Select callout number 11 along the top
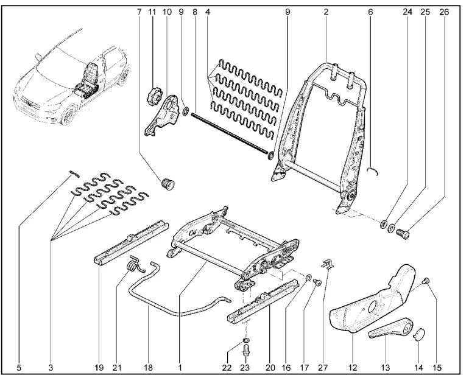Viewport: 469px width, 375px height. pos(153,12)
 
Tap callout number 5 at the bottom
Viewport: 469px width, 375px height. pos(19,367)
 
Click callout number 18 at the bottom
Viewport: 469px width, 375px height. pos(149,367)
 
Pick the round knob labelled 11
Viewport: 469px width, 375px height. pos(152,96)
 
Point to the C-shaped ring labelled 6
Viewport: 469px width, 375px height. pos(376,171)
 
